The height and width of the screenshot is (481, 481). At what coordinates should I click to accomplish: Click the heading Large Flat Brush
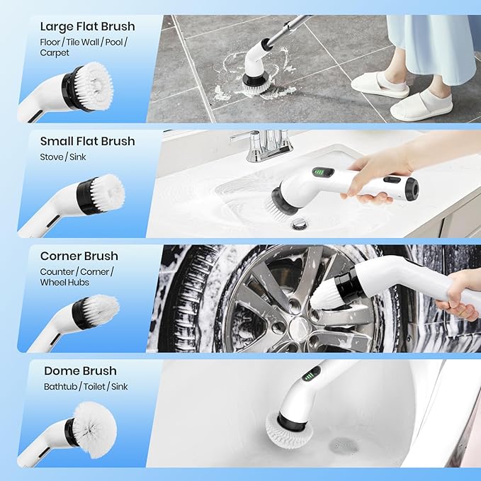(87, 27)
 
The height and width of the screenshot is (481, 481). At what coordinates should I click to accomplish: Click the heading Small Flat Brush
(87, 141)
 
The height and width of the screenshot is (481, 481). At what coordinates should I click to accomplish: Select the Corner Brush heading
(79, 256)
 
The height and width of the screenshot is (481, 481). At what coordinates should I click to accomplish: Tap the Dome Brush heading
(80, 370)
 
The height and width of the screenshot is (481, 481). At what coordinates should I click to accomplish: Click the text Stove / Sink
(63, 157)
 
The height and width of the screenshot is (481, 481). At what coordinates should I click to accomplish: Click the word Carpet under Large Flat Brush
(55, 52)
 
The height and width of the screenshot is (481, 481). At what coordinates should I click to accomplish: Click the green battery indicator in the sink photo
(322, 172)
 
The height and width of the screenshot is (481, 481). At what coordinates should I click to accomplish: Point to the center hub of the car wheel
(300, 327)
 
